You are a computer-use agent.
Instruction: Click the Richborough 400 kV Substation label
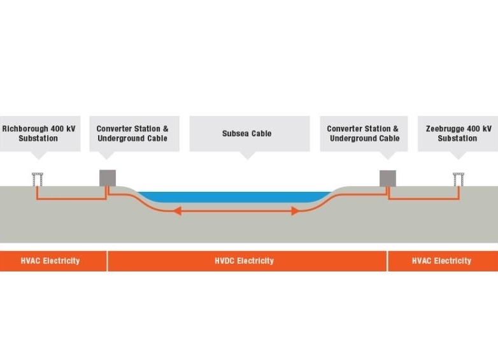[39, 133]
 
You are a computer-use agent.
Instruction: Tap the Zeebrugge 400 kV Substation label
[458, 133]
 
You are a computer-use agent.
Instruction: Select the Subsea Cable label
[246, 134]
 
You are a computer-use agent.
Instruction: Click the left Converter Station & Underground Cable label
[132, 133]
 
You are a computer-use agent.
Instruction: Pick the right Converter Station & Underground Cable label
[364, 133]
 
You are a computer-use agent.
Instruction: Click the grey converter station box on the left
[107, 178]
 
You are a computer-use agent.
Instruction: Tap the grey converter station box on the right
[388, 178]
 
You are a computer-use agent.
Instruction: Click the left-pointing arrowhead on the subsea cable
[176, 210]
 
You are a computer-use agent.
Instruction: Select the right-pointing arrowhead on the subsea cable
[295, 210]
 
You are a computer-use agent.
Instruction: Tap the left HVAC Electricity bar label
[50, 261]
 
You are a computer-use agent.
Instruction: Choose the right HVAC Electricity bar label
[441, 261]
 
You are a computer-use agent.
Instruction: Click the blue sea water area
[236, 197]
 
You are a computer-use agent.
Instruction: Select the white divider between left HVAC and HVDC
[107, 261]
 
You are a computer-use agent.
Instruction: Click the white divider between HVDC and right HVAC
[387, 261]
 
